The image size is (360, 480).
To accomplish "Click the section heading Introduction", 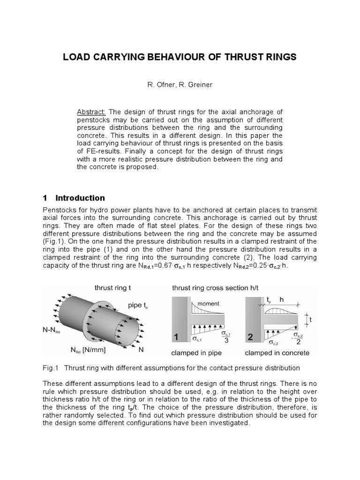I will tap(80, 198).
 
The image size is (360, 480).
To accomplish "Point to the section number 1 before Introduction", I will tap(45, 198).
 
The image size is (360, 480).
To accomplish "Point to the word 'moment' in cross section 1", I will tap(208, 304).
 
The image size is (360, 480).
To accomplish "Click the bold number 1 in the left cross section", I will tap(177, 337).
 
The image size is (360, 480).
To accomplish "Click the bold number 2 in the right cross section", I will tap(251, 337).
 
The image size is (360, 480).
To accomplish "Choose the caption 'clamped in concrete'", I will tap(277, 352).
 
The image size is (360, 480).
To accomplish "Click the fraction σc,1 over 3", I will tap(225, 337).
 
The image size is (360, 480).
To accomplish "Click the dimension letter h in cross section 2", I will tap(282, 299).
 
